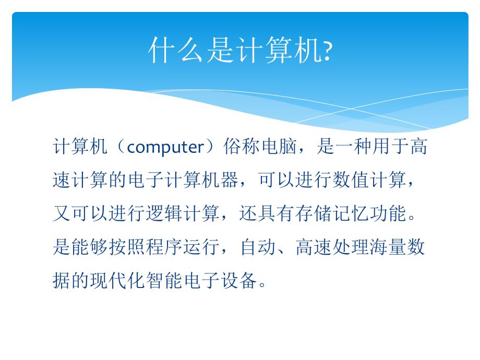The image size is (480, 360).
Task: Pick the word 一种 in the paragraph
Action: (352, 148)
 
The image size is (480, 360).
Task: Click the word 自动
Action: (258, 248)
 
